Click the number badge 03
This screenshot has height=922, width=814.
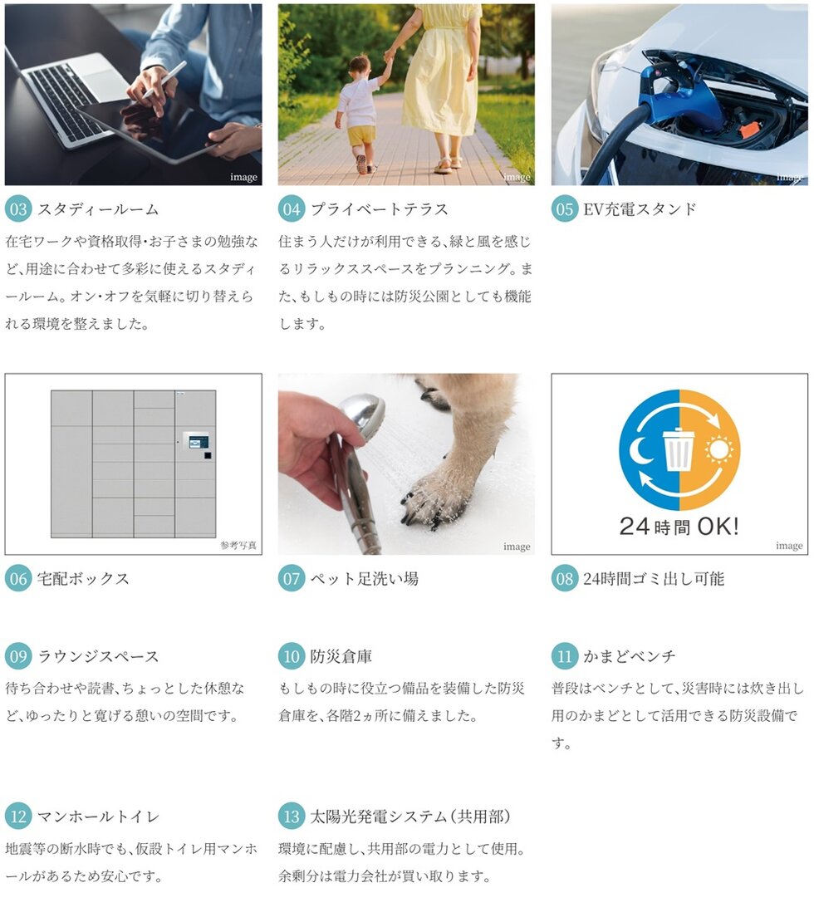click(18, 208)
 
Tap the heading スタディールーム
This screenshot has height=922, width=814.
click(98, 209)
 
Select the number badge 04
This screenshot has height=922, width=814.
click(292, 208)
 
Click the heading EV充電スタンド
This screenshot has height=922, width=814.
click(640, 209)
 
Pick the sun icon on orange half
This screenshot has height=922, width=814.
click(718, 450)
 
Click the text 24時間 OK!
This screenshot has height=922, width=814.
click(679, 527)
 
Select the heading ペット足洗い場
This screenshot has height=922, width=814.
click(365, 579)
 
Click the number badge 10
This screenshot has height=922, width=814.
click(292, 656)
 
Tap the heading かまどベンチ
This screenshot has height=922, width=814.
click(630, 656)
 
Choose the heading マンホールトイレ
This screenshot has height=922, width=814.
click(98, 817)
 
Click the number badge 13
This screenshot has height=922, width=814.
click(292, 817)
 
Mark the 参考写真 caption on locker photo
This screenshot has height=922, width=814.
click(238, 545)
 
